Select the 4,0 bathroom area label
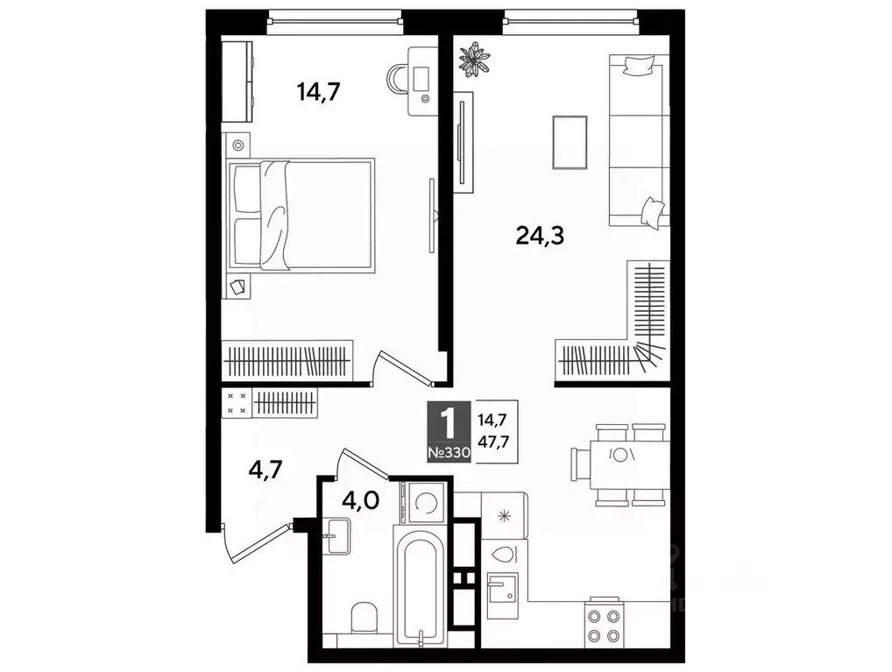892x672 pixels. coord(360,502)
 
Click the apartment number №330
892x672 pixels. coord(449,453)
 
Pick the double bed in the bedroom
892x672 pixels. coord(302,215)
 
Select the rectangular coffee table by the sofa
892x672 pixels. coord(570,143)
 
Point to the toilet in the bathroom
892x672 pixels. coord(363,620)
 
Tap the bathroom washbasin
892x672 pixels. coord(336,534)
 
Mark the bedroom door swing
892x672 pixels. coord(399,368)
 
